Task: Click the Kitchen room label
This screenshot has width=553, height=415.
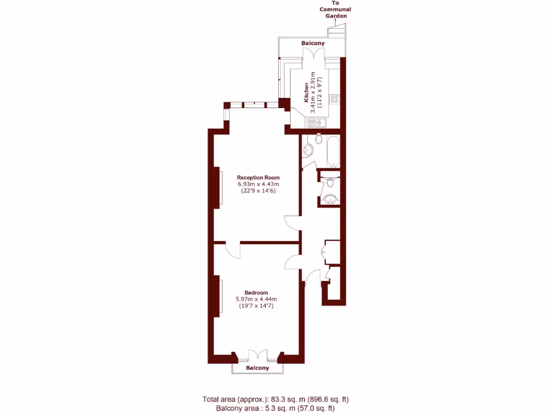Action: click(x=306, y=92)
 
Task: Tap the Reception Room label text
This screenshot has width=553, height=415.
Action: click(x=258, y=177)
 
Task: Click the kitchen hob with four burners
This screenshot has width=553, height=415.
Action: click(x=334, y=99)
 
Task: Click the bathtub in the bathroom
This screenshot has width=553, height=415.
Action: click(x=333, y=151)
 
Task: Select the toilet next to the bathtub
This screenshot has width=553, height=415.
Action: click(x=319, y=139)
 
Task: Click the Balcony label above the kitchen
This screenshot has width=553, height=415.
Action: click(x=313, y=43)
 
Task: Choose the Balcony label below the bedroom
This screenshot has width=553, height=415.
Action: click(x=257, y=368)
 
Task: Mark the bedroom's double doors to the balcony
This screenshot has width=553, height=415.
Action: click(x=258, y=355)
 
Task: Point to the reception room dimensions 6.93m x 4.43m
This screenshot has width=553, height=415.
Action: click(x=258, y=184)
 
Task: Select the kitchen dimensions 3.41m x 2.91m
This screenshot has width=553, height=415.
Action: click(x=313, y=92)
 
